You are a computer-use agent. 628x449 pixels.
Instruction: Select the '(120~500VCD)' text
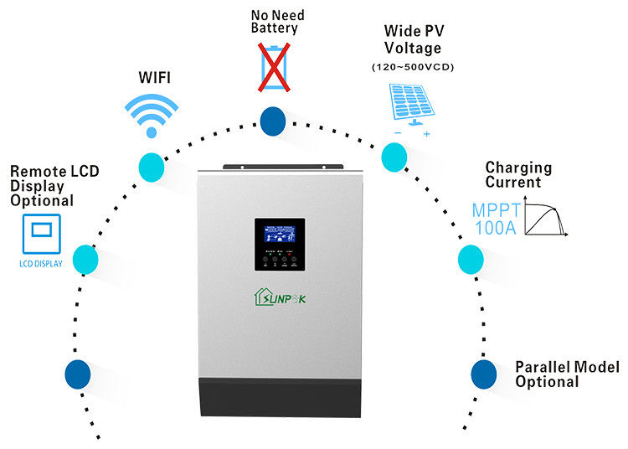pos(412,67)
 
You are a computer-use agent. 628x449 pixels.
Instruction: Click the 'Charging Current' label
pos(518,174)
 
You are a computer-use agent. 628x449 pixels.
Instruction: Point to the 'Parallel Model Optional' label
pos(566,374)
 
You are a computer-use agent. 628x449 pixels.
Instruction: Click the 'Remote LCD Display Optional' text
pos(54,185)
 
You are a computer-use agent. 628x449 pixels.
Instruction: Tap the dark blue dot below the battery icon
pos(273,121)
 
